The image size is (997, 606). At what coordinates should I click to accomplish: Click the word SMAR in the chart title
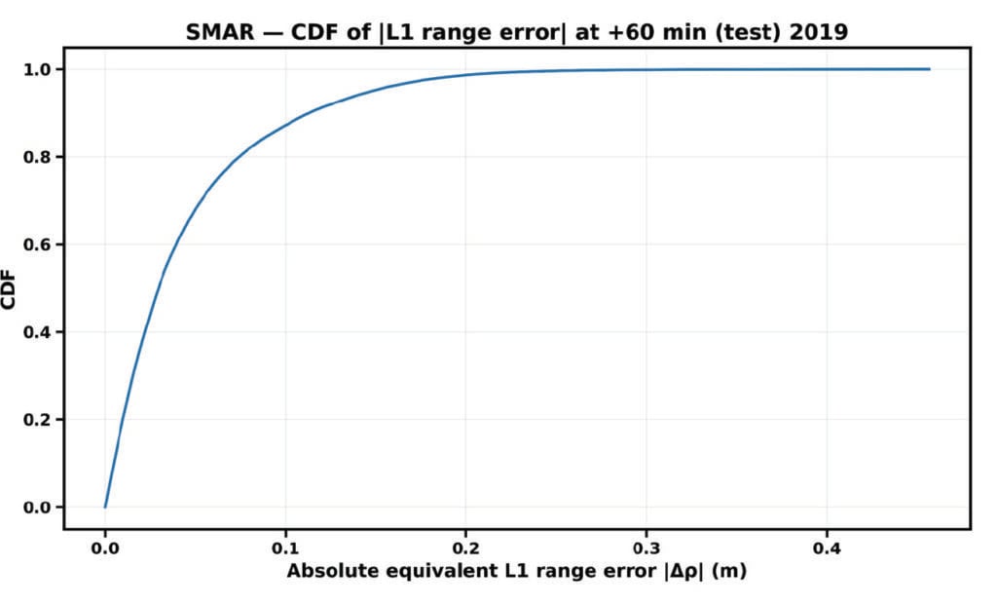[x=212, y=31]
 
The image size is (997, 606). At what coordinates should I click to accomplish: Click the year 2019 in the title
[x=819, y=31]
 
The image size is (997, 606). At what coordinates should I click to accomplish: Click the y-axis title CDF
[x=11, y=288]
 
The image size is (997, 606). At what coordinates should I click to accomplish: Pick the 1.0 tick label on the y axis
[x=41, y=69]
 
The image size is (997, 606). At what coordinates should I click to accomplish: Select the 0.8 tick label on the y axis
[x=41, y=157]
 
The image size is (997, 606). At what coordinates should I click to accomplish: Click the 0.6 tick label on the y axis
[x=41, y=245]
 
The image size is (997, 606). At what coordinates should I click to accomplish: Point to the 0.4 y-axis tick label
[x=41, y=332]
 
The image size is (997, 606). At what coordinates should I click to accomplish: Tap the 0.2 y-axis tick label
[x=41, y=420]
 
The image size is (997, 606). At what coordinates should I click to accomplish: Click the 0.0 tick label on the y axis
[x=41, y=508]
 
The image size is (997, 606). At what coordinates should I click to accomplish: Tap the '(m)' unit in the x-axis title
[x=729, y=572]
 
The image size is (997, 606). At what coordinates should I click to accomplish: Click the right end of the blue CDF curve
[x=929, y=69]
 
